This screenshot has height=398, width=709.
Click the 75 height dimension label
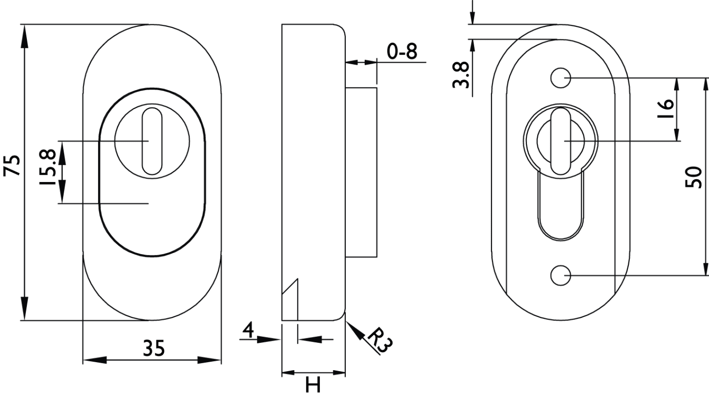[x=12, y=165]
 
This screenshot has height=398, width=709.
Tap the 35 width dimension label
[x=154, y=348]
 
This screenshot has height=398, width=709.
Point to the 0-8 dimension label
[x=402, y=51]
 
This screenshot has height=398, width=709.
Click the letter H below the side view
[x=313, y=385]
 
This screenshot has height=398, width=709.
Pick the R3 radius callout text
[x=380, y=340]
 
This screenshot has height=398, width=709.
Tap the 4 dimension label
[x=248, y=330]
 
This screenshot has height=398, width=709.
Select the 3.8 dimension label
[x=461, y=75]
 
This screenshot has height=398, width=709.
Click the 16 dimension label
[x=666, y=108]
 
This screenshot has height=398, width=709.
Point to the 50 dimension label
[x=693, y=177]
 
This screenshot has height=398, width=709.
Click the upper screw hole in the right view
[x=561, y=78]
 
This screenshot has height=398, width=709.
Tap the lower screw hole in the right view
[x=561, y=275]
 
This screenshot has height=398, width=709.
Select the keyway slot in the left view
[x=152, y=141]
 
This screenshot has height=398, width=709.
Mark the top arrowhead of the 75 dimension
[x=24, y=36]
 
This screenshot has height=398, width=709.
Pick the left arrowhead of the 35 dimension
[x=95, y=360]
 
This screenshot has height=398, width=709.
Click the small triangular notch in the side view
[x=290, y=299]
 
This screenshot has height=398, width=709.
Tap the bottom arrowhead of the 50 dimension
[x=706, y=264]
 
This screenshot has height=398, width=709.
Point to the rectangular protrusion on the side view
[x=361, y=173]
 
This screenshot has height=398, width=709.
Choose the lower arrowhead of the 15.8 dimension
[x=62, y=192]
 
